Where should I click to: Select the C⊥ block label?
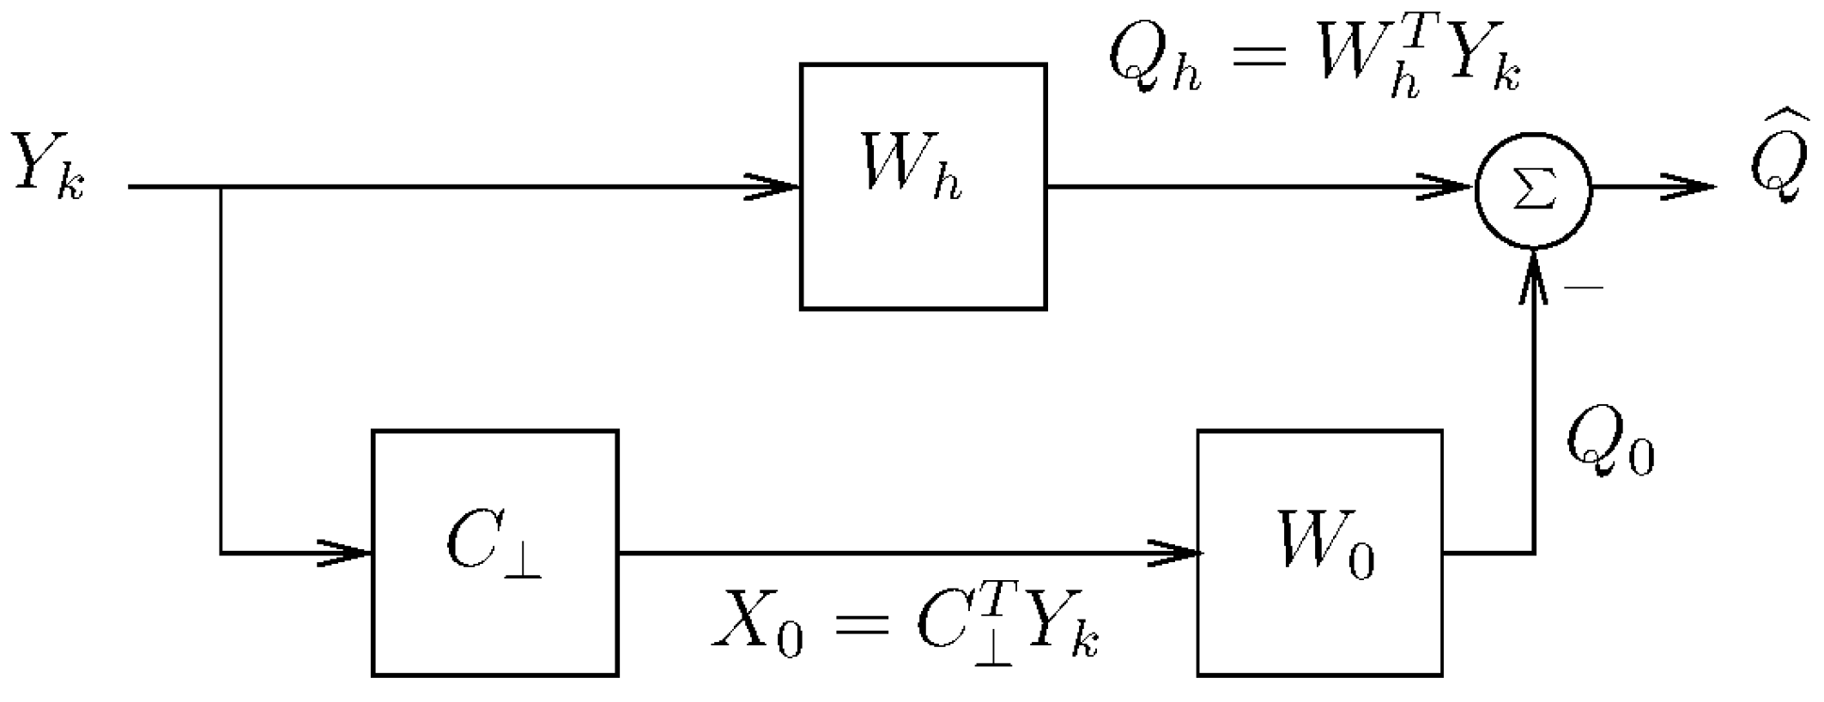coord(492,546)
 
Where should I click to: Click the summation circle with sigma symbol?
coord(1533,191)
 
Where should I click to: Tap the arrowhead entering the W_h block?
coord(773,186)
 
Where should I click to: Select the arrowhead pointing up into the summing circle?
coord(1533,275)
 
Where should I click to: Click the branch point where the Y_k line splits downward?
coord(221,186)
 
